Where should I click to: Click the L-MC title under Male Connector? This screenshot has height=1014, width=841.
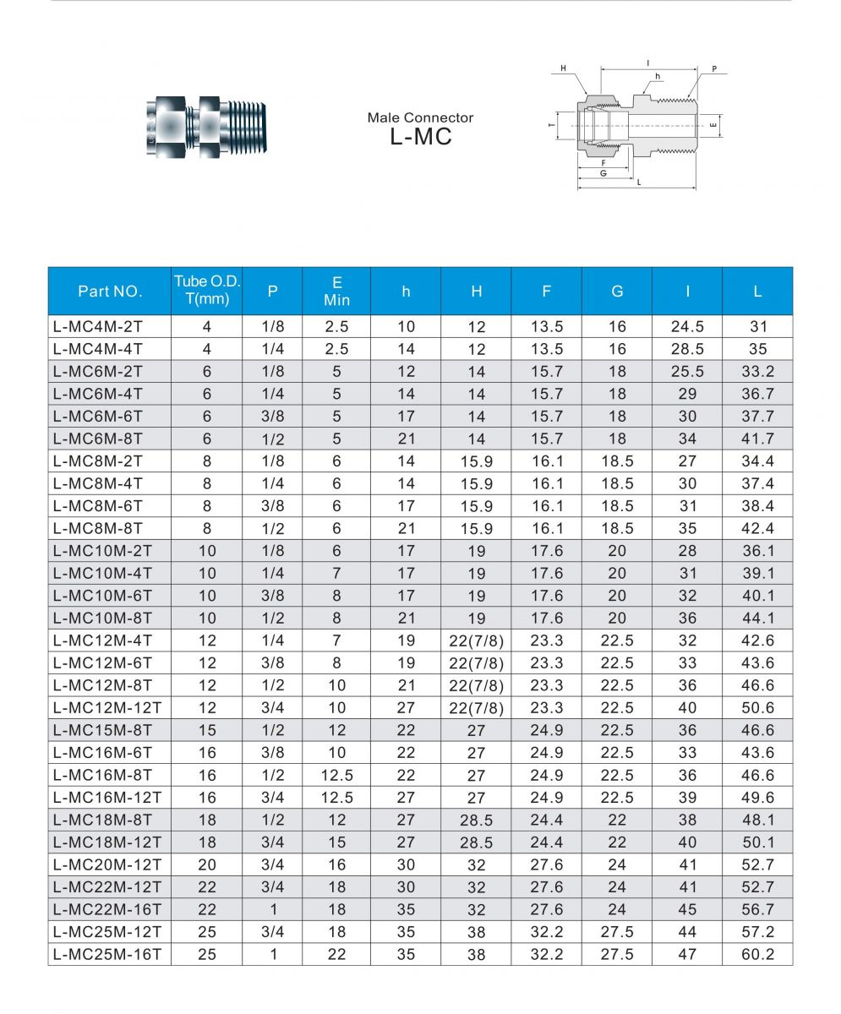pos(420,136)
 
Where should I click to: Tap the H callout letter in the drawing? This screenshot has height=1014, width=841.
pos(563,68)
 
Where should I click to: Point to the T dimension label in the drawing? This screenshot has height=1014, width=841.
pos(551,125)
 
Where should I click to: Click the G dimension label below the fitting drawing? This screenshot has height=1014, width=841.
pos(603,172)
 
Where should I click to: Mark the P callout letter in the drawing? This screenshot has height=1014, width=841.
pos(714,68)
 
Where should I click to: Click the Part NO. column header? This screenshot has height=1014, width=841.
pos(110,292)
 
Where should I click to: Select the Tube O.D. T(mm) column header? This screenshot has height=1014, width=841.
pos(207,291)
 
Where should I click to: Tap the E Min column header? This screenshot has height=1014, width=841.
pos(336,291)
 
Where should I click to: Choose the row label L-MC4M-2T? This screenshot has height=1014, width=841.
pos(98,327)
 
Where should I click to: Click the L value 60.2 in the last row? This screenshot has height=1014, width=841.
pos(757,955)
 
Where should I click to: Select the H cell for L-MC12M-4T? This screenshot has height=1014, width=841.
pos(476,641)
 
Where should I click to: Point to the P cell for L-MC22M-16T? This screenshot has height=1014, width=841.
pos(272,910)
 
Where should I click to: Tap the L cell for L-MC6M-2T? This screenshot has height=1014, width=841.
pos(757,372)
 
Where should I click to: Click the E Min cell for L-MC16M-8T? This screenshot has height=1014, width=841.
pos(336,776)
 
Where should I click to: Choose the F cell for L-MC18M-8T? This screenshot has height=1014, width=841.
pos(546,820)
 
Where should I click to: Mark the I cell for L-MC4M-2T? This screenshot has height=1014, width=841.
pos(687,327)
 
